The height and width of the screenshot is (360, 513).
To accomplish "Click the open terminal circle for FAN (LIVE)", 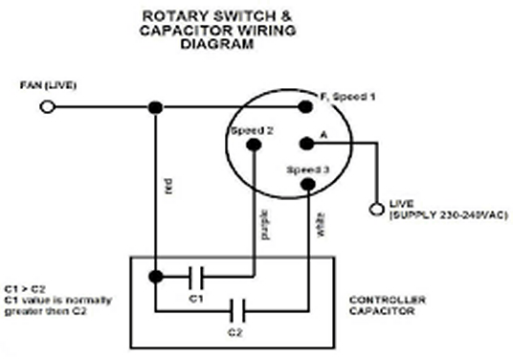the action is (48, 107).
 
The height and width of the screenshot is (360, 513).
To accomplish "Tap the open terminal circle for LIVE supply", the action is (376, 209).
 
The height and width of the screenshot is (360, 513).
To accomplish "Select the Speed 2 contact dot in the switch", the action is (254, 145).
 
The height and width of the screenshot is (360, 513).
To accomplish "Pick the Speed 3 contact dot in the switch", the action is (308, 185).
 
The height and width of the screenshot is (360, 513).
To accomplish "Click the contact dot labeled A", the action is (306, 144).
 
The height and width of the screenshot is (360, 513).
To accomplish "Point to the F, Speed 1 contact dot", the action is (305, 106).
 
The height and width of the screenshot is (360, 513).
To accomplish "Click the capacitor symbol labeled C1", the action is (196, 278).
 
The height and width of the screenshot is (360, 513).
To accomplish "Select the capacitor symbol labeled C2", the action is (236, 310).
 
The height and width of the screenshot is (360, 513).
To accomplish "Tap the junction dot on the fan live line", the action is (155, 107).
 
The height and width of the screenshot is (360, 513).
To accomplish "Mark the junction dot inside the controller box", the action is (156, 277).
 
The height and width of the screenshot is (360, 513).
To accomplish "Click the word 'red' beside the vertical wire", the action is (168, 186).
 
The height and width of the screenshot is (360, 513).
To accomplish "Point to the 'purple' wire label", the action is (266, 224).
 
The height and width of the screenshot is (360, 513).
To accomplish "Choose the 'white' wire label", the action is (321, 224).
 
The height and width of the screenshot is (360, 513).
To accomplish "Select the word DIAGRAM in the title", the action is (217, 44).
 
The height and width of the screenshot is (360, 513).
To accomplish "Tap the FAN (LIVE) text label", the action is (48, 85).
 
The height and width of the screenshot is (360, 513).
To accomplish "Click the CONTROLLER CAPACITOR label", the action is (387, 305).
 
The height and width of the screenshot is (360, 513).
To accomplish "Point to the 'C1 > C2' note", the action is (25, 289).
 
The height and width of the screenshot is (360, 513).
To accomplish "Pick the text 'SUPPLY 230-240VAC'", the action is (449, 215).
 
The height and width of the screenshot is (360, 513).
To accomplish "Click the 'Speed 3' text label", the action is (308, 169).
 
